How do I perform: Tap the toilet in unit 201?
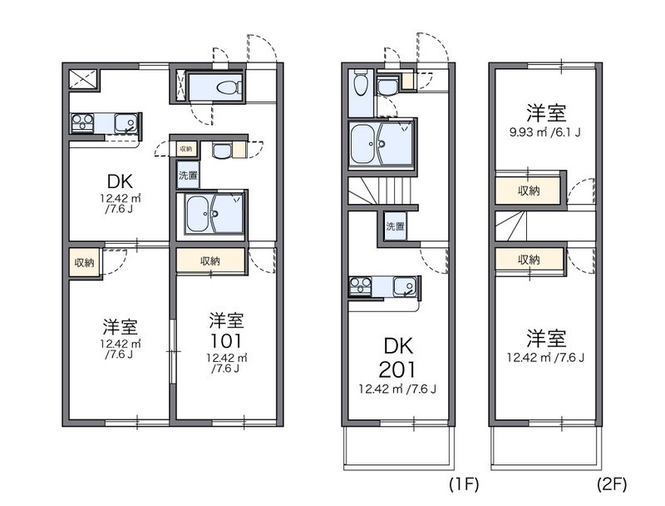coord(361,82)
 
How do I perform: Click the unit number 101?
coord(226,341)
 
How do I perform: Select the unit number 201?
coord(397,370)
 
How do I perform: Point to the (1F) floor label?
coord(464,484)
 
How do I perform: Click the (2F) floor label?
coord(612,484)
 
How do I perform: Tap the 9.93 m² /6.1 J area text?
coord(545,132)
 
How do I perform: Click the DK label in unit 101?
coord(120,181)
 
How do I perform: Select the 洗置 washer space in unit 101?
coord(188,175)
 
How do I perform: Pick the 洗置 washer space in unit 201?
coord(395,226)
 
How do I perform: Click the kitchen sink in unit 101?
coord(126,123)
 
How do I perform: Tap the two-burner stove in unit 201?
coord(360,286)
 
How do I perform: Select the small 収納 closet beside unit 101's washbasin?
coord(185,149)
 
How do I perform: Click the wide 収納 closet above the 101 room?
coord(210,260)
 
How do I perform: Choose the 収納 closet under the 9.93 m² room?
coord(528,191)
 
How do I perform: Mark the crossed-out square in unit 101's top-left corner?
coord(83,79)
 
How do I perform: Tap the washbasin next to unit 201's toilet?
coord(387,87)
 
